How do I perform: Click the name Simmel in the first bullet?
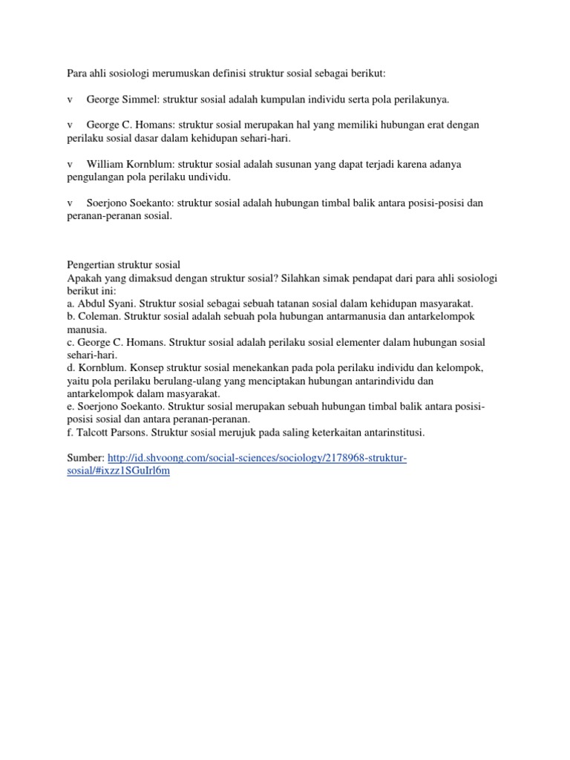point(140,99)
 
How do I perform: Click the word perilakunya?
point(418,99)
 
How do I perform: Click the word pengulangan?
point(90,177)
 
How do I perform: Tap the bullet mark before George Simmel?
point(69,99)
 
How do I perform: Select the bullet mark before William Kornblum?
point(69,164)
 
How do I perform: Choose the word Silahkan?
point(301,278)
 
